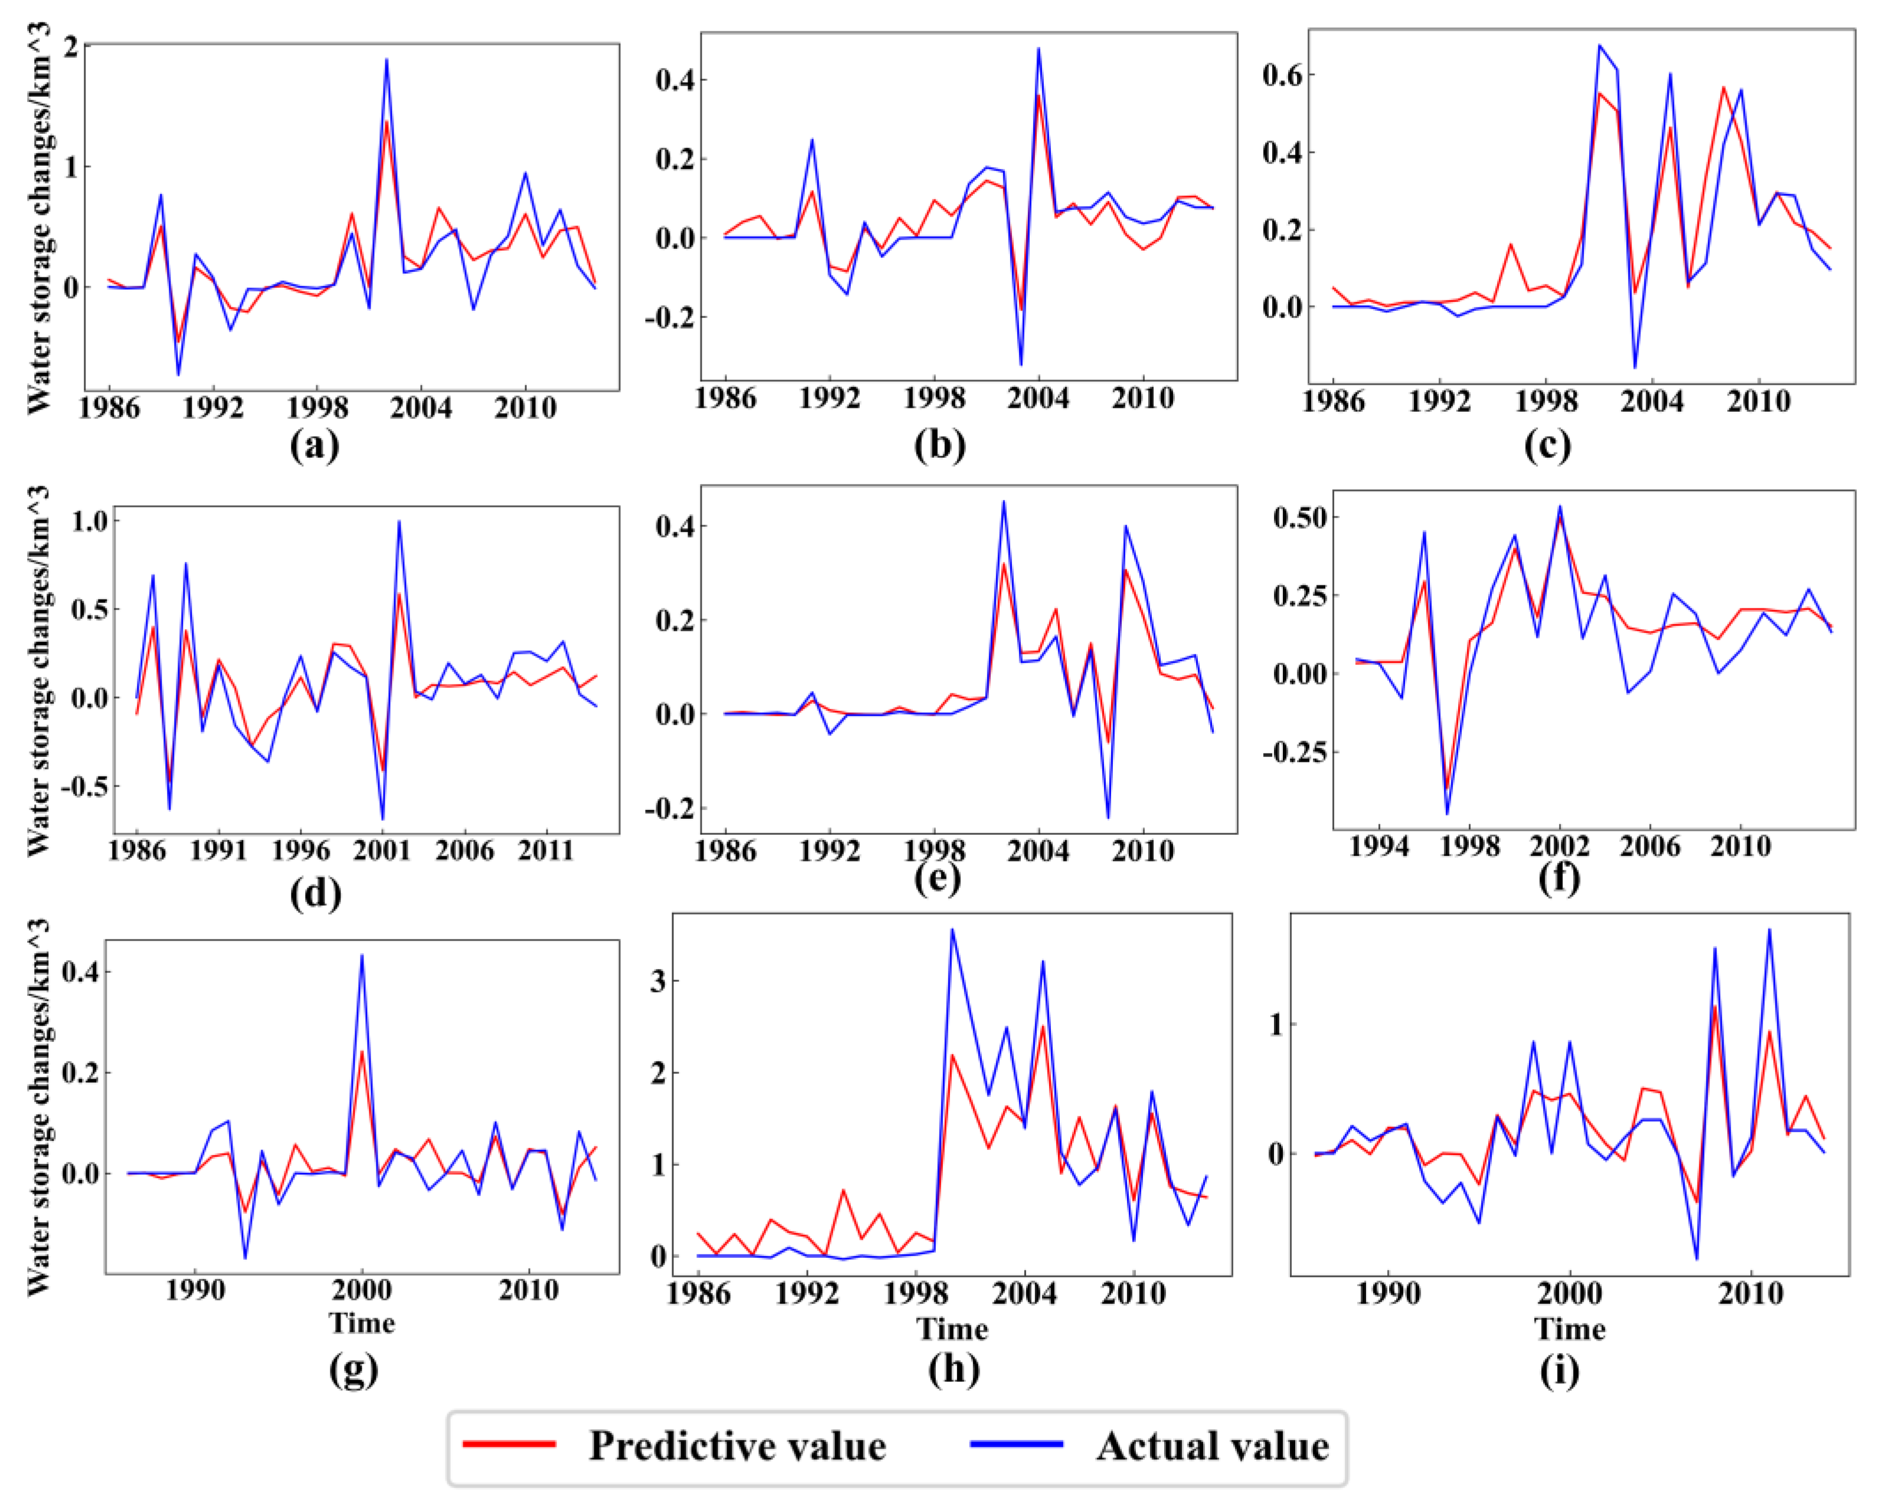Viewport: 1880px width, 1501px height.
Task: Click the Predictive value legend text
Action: click(x=737, y=1446)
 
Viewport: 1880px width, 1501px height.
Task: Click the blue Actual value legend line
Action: click(x=1017, y=1444)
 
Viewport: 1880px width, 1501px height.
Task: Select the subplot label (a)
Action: click(x=314, y=445)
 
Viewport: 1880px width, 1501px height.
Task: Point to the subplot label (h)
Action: click(x=953, y=1368)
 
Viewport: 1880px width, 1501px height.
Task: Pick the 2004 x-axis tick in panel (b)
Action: click(x=1038, y=399)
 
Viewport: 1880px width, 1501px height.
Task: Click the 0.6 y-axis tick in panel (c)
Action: click(x=1282, y=76)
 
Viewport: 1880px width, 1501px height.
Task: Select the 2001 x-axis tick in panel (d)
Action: click(x=382, y=851)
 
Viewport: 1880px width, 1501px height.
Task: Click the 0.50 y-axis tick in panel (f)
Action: click(x=1299, y=518)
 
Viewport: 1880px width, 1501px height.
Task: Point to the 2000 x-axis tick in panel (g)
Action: click(x=362, y=1290)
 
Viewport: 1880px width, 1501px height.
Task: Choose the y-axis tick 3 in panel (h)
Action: click(x=659, y=981)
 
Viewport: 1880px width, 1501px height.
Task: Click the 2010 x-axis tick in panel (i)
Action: click(x=1751, y=1293)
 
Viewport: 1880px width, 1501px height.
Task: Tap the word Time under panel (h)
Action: click(x=951, y=1329)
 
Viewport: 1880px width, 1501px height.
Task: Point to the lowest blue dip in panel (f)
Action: click(x=1447, y=813)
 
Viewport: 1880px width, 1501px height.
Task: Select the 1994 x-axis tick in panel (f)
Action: click(x=1378, y=847)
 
